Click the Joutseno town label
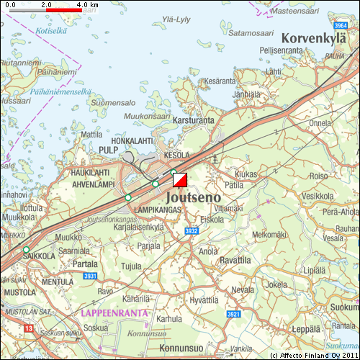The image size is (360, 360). point(194,195)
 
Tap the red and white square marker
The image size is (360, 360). point(180,181)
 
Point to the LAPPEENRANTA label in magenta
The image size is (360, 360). point(114,313)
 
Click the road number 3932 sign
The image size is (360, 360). point(191,231)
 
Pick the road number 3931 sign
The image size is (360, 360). point(90,276)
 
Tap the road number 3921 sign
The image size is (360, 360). point(233,314)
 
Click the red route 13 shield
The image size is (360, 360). point(29,328)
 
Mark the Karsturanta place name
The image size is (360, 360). point(194,120)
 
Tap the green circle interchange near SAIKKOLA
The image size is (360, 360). point(27,250)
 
